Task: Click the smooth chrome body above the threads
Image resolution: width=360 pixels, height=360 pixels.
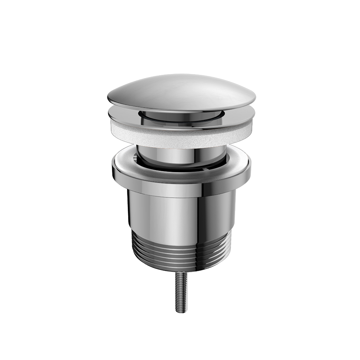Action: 162,212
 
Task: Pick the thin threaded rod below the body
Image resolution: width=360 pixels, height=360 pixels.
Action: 180,292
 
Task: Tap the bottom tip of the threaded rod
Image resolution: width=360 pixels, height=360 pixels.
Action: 180,312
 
